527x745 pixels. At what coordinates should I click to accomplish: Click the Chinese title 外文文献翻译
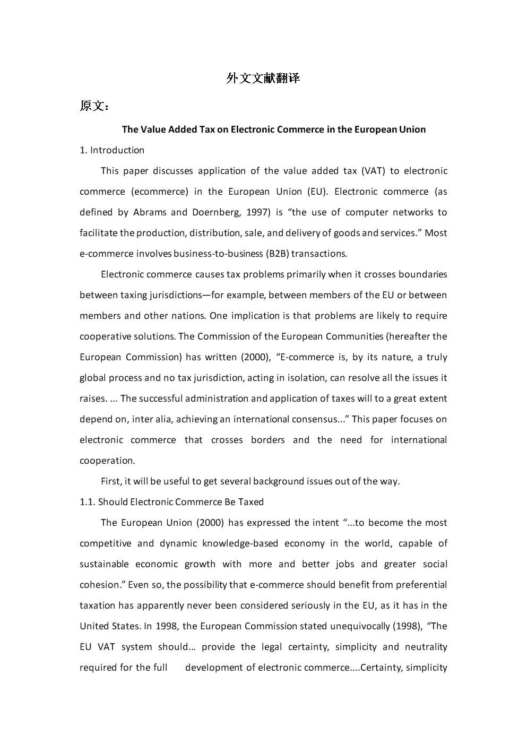(x=263, y=79)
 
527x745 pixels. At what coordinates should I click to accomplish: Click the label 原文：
(x=95, y=106)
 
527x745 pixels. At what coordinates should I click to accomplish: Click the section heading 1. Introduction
(x=112, y=150)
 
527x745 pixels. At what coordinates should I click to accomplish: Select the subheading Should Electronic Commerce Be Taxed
(x=181, y=502)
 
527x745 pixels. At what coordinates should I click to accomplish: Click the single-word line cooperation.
(x=107, y=461)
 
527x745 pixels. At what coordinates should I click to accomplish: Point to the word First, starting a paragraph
(x=111, y=481)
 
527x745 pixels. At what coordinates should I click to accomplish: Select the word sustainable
(x=104, y=564)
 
